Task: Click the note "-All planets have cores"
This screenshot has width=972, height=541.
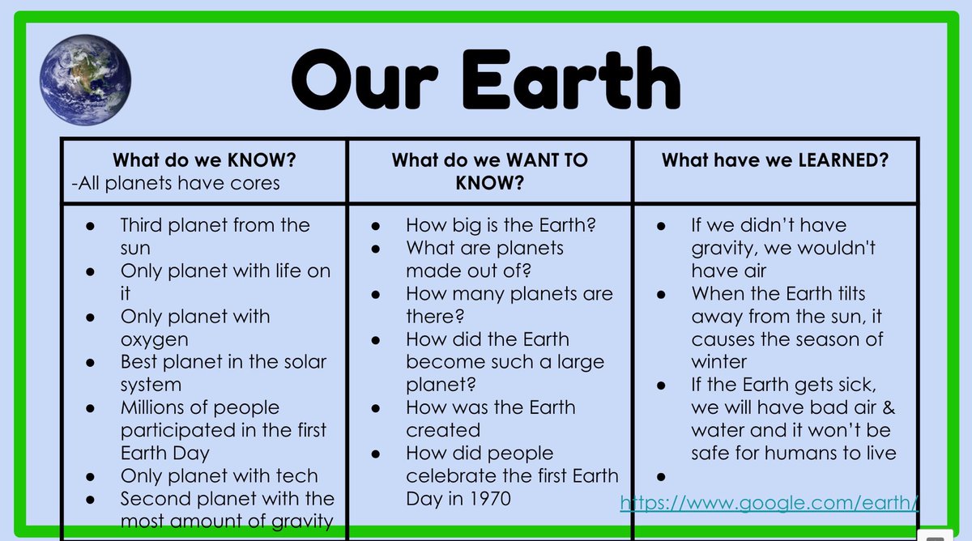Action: (175, 183)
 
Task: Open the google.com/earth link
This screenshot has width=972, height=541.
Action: (769, 503)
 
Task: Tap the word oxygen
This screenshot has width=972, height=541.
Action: (154, 339)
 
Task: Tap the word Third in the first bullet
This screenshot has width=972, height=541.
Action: (147, 225)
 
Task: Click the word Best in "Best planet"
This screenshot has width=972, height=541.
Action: (141, 361)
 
